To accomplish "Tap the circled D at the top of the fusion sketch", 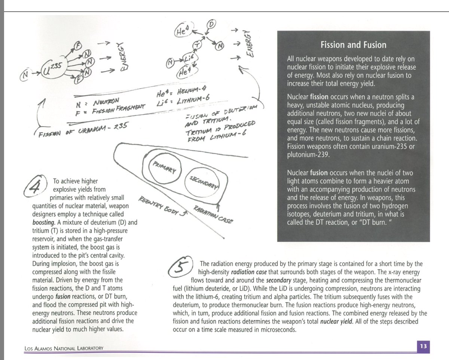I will [211, 25].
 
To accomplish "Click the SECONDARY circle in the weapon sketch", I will [202, 182].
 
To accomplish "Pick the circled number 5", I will [180, 267].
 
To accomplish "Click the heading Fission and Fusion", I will [353, 45].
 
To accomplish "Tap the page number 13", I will [423, 346].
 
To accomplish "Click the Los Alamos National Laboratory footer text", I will [64, 348].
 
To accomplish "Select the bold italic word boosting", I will [44, 222].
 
